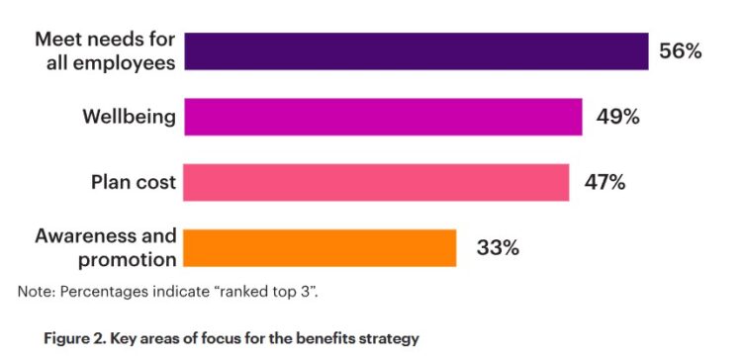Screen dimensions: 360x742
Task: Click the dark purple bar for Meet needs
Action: pyautogui.click(x=416, y=51)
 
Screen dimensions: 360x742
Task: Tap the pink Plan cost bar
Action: pyautogui.click(x=376, y=182)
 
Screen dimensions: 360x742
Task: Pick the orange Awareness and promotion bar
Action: pyautogui.click(x=320, y=247)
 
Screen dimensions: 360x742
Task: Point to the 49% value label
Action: pyautogui.click(x=617, y=117)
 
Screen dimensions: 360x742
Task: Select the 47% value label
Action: pyautogui.click(x=604, y=182)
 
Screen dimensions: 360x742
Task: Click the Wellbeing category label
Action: pyautogui.click(x=129, y=117)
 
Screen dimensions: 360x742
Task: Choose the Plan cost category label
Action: pyautogui.click(x=134, y=182)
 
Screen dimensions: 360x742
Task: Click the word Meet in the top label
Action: pyautogui.click(x=57, y=40)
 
